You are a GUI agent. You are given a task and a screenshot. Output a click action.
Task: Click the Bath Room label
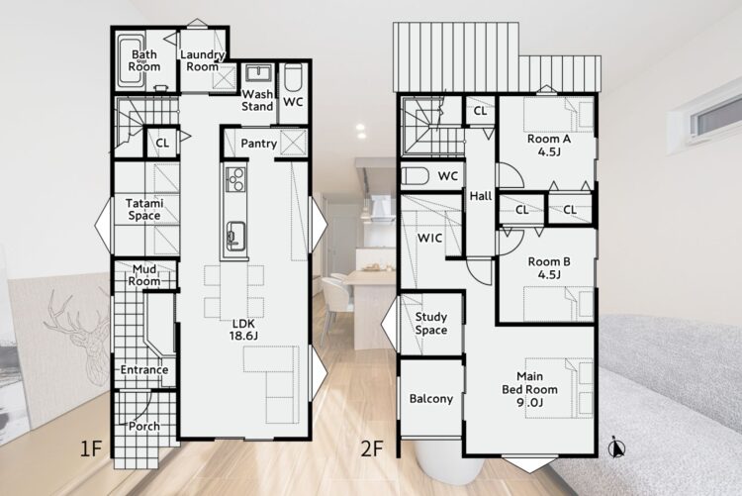coord(143,60)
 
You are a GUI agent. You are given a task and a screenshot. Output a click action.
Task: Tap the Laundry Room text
coord(203,60)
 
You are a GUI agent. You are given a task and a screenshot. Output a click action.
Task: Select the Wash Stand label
coord(257,100)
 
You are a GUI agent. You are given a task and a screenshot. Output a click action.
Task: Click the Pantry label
coord(258,144)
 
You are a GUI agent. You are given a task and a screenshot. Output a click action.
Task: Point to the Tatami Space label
coord(144,210)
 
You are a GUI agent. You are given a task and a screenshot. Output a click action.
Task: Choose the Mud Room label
coord(144,275)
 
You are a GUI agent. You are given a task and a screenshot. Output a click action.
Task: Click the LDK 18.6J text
coord(243,330)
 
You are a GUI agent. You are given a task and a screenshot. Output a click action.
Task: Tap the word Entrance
coord(144,369)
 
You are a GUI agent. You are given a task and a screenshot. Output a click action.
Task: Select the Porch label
coord(144,427)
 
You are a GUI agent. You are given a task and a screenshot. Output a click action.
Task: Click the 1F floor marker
coord(91,448)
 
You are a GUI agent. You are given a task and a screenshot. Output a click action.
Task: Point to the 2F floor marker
coord(372,448)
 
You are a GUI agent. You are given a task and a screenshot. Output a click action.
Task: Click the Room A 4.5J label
coord(549,146)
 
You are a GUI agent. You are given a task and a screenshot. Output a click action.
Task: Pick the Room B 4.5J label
coord(549,267)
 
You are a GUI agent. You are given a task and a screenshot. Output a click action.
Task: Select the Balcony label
coord(431,399)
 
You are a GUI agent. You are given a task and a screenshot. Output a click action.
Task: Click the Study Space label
coord(431,323)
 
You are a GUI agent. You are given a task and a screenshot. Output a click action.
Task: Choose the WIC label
coord(429,238)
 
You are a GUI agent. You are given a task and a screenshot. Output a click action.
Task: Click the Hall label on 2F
coord(480,196)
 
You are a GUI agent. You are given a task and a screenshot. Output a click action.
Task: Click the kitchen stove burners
coord(235,179)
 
